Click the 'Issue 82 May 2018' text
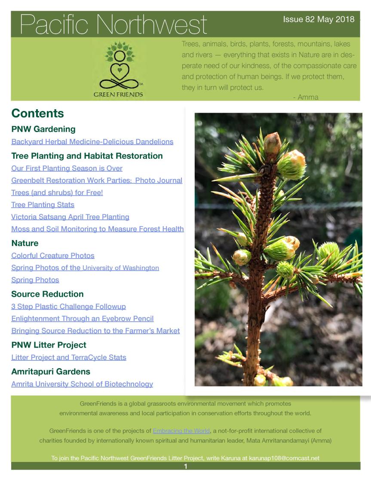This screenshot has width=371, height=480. click(319, 20)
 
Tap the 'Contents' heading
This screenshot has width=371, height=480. click(37, 113)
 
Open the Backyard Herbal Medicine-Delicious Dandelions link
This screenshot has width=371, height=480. click(92, 142)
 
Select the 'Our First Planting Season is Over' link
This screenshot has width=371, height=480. click(67, 168)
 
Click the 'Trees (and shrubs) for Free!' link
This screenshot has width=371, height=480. click(57, 193)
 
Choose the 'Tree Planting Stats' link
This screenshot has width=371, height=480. click(43, 205)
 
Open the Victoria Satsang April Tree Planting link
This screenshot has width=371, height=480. click(70, 217)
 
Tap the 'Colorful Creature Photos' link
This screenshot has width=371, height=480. click(52, 255)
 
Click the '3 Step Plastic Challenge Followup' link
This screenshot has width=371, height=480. click(68, 307)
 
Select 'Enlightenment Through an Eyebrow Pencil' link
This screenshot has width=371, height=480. click(82, 319)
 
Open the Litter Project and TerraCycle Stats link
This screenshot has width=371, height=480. click(68, 357)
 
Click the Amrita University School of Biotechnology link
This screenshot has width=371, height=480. click(82, 384)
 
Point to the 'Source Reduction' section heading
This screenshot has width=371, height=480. click(47, 294)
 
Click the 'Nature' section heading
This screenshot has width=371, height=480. click(25, 243)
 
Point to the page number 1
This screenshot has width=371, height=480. click(185, 466)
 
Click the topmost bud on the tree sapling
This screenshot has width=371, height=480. click(272, 142)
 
